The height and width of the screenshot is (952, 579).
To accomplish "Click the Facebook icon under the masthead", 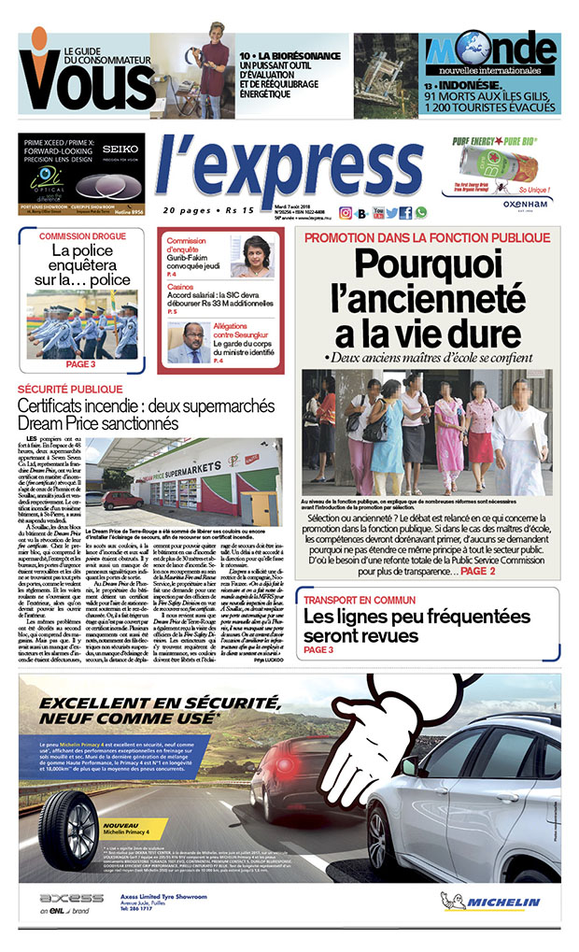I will click(405, 213).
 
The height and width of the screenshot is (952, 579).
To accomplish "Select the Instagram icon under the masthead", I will click(346, 213).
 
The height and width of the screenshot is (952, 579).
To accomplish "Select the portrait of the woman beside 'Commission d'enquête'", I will click(251, 256).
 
